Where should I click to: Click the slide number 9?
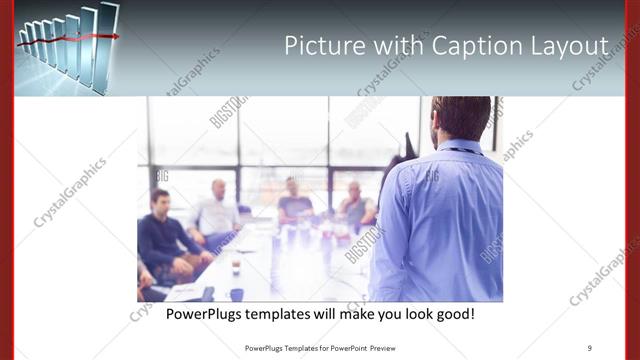590,349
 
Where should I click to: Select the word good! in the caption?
454,314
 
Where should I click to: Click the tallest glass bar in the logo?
108,40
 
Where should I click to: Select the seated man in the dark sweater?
163,235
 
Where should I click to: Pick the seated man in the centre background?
294,200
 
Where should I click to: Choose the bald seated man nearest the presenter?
355,205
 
